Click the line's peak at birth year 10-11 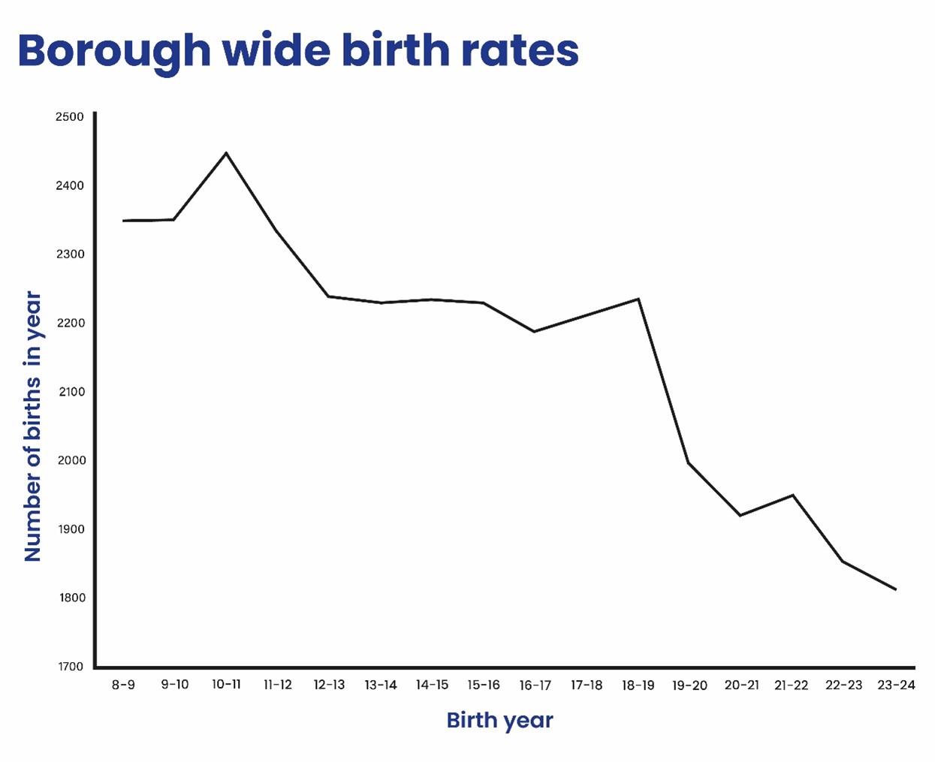(226, 153)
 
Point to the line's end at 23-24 (895, 589)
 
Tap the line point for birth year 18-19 (638, 299)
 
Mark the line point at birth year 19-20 (689, 462)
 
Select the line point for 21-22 (792, 495)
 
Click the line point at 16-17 (534, 331)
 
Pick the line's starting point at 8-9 (124, 221)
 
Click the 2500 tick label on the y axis (70, 116)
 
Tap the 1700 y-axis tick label (71, 667)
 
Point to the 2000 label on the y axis (71, 460)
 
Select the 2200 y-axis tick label (71, 323)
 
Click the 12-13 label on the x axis (329, 685)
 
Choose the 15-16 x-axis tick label (483, 685)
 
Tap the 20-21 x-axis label (741, 685)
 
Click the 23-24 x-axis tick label (896, 685)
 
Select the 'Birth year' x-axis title (499, 720)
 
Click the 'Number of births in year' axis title (32, 426)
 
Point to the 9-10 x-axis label (175, 685)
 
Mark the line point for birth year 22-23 (843, 561)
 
